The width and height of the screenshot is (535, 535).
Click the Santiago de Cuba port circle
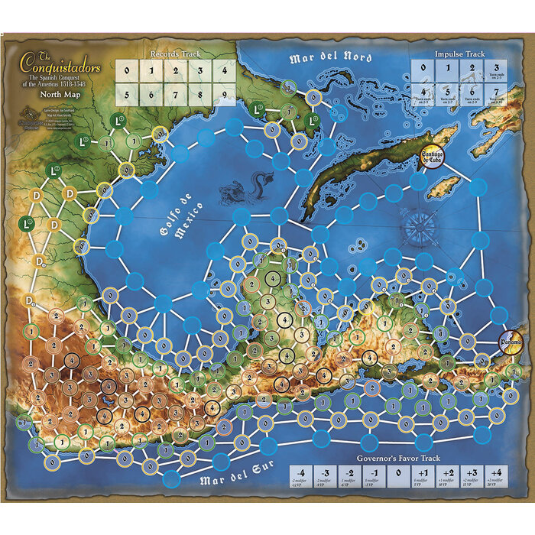(433, 157)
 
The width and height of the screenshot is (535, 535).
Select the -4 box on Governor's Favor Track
(303, 475)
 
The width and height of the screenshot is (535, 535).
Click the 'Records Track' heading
(176, 54)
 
